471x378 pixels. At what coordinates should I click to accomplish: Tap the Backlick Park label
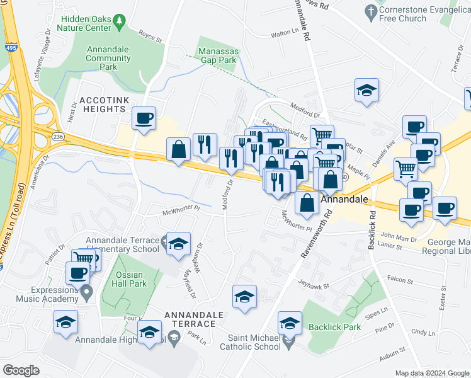coord(334,328)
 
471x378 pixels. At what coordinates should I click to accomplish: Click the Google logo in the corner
coord(21,370)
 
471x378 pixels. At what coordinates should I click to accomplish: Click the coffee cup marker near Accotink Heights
coord(144,118)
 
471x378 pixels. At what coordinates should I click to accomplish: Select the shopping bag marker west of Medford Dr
coord(179,149)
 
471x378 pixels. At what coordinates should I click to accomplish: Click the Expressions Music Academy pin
coord(86,291)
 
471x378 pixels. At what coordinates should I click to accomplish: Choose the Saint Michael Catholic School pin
coord(289,342)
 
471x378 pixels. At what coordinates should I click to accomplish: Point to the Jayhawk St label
coord(314,283)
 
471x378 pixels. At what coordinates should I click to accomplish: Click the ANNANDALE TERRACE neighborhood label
coord(190,319)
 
